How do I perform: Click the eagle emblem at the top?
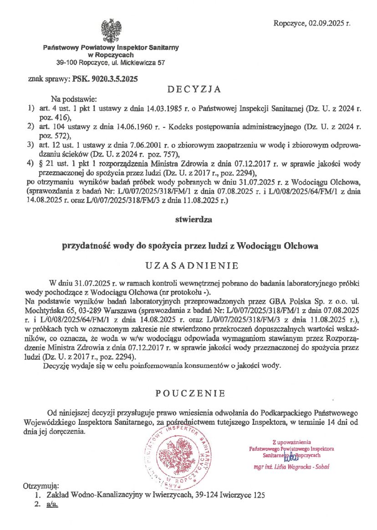click(x=111, y=31)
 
